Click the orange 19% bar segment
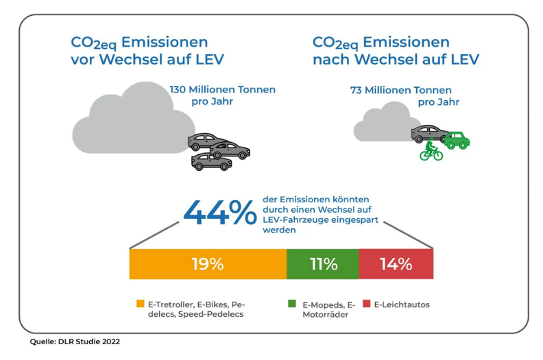click(207, 264)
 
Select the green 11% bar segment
click(322, 264)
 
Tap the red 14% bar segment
click(396, 264)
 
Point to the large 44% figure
click(219, 213)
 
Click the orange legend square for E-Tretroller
click(141, 302)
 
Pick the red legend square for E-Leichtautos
click(367, 302)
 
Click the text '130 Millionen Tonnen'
click(223, 89)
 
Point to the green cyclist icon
click(431, 150)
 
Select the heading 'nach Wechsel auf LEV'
click(396, 60)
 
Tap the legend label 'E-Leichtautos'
click(401, 302)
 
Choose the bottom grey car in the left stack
click(211, 162)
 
